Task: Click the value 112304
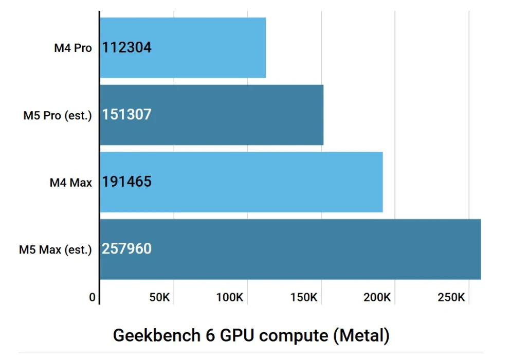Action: (127, 48)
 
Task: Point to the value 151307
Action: (127, 114)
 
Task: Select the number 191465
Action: (127, 182)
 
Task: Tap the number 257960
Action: (127, 249)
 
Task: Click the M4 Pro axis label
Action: (73, 48)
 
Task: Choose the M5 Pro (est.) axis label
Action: (58, 115)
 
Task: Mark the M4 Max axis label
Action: (71, 183)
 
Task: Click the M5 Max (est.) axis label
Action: (56, 250)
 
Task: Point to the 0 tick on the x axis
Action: (93, 297)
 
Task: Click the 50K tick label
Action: (159, 297)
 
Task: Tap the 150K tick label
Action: (304, 297)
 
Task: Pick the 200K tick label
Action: (378, 297)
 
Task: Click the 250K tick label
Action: (451, 297)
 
